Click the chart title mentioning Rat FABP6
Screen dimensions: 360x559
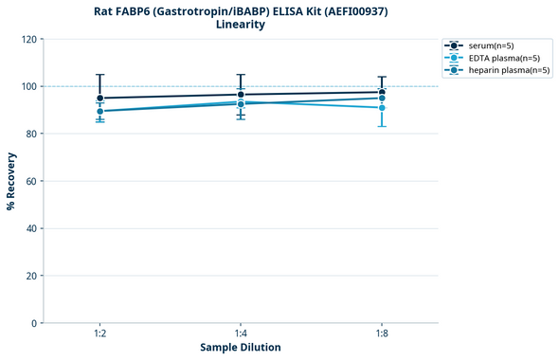(241, 11)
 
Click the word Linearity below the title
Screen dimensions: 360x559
(241, 25)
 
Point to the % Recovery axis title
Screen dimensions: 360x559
(11, 180)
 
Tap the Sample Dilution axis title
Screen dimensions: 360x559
(241, 348)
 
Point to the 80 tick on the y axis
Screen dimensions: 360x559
(31, 134)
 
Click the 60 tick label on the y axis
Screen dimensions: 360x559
(31, 181)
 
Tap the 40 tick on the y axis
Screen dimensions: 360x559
(31, 228)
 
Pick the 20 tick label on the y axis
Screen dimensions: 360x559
(31, 276)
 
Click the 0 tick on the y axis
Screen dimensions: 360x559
(34, 323)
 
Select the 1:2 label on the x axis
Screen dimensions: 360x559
(99, 333)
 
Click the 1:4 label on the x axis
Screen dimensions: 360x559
(241, 333)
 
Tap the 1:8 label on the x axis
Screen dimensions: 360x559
(382, 333)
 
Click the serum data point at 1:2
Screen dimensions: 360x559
(99, 98)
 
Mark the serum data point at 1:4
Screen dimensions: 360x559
(241, 95)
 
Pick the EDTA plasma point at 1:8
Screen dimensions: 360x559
(382, 108)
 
